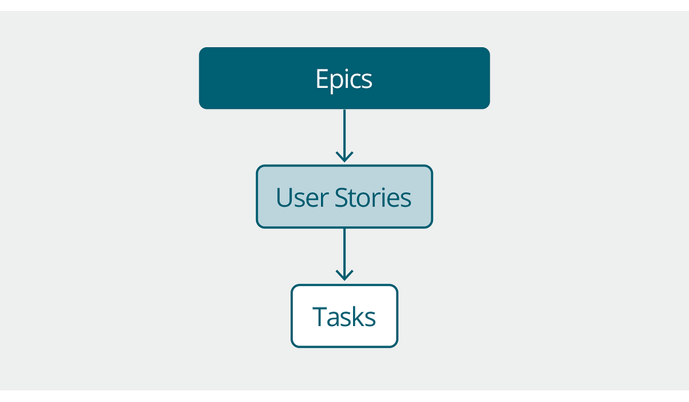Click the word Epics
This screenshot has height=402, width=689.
point(344,79)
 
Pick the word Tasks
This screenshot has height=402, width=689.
point(344,317)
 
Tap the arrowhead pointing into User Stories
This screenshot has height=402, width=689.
point(344,157)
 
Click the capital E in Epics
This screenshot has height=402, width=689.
point(322,79)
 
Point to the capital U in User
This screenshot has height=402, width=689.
point(284,197)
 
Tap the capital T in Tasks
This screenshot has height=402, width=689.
point(320,317)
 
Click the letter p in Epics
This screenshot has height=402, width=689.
point(336,81)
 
